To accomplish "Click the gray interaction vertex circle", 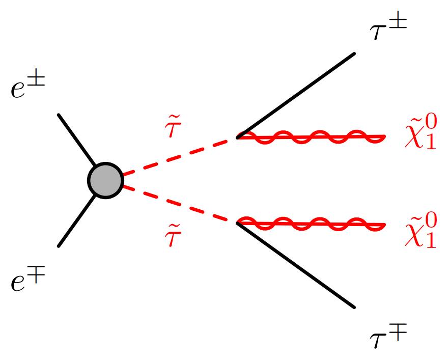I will click(x=105, y=180).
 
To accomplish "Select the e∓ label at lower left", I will click(x=29, y=281).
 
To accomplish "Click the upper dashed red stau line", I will click(x=178, y=156).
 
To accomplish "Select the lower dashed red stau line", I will click(x=178, y=204).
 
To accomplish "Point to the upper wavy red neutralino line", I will click(x=311, y=136).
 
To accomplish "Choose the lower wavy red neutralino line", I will click(x=311, y=223).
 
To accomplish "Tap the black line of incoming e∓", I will click(x=76, y=222).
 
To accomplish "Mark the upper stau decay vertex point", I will click(x=238, y=137).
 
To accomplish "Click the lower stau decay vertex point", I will click(x=238, y=222).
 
